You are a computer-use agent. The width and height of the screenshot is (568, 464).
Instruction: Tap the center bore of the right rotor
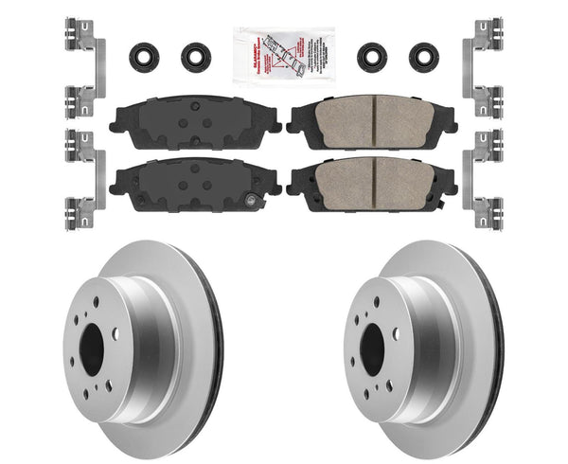pyautogui.click(x=372, y=343)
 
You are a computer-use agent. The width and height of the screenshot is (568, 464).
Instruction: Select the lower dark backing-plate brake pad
pyautogui.click(x=194, y=177)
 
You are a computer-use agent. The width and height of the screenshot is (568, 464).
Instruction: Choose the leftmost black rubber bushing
pyautogui.click(x=144, y=55)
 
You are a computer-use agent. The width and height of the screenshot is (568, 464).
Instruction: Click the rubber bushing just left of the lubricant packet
pyautogui.click(x=195, y=55)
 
